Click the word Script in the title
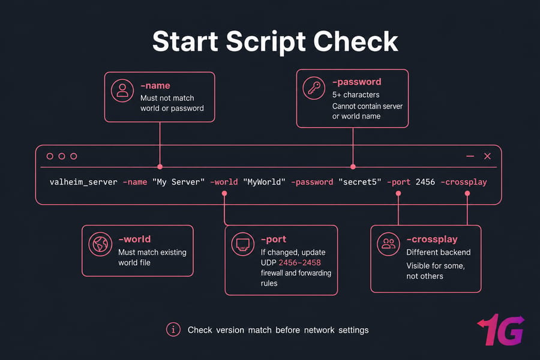[266, 41]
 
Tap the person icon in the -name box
[122, 91]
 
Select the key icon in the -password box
[314, 88]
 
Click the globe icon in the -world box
[100, 244]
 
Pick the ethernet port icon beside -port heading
[243, 244]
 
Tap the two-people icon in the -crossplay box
[388, 244]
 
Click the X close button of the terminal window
[487, 156]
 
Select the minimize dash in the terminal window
[470, 156]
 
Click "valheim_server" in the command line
[83, 182]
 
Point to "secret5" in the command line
[360, 182]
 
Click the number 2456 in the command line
[425, 182]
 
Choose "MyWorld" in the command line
[264, 182]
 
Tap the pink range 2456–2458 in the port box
[299, 263]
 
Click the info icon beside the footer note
[173, 329]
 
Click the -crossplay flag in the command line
[464, 182]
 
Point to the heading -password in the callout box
[357, 82]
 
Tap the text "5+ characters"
[356, 95]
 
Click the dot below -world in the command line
[224, 193]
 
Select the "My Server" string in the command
[178, 182]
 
